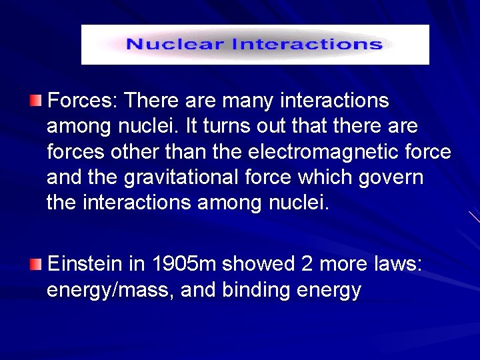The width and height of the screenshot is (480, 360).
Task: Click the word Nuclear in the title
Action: [x=175, y=45]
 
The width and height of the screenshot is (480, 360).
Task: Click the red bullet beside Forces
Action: [x=35, y=101]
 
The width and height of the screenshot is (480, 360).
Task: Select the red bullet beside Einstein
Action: [x=35, y=265]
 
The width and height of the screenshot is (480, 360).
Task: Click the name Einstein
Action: [x=85, y=265]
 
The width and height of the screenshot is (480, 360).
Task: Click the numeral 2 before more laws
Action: [x=307, y=265]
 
